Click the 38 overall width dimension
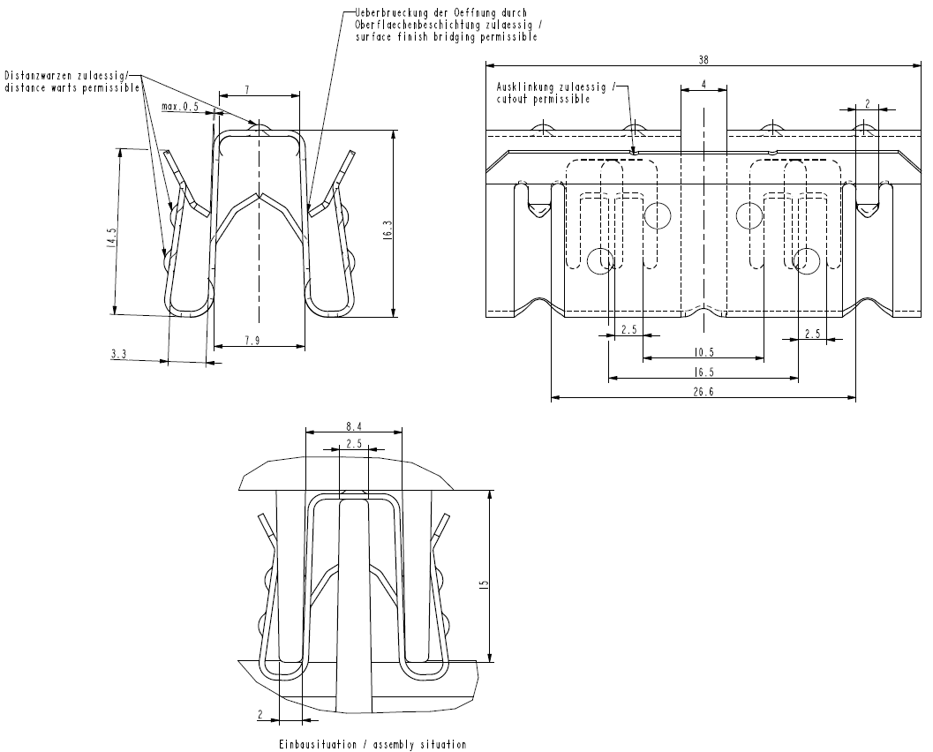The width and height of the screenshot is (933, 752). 703,60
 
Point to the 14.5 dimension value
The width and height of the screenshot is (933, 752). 110,241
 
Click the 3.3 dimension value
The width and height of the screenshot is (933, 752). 119,354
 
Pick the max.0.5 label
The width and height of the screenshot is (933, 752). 180,107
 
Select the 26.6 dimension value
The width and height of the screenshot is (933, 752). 703,392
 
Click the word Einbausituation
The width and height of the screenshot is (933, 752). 317,745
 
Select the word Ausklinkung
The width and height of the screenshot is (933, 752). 526,87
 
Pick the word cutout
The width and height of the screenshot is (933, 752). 514,100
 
